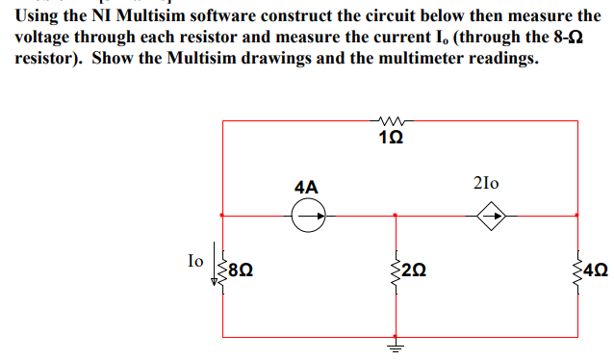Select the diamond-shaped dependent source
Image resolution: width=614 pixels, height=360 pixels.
coord(493,216)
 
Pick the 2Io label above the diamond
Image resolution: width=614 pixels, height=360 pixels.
coord(487,183)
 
